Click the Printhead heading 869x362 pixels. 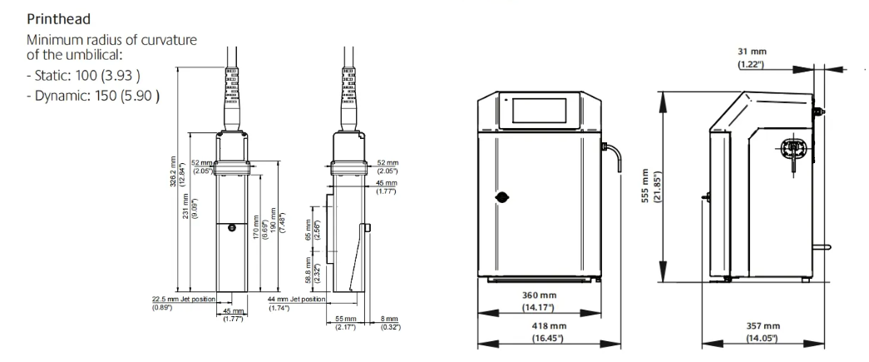point(59,19)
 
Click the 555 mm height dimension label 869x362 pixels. point(645,186)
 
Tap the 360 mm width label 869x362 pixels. point(539,296)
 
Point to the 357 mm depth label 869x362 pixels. point(763,326)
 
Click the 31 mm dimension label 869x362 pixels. point(752,52)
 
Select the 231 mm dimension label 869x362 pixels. point(186,206)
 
